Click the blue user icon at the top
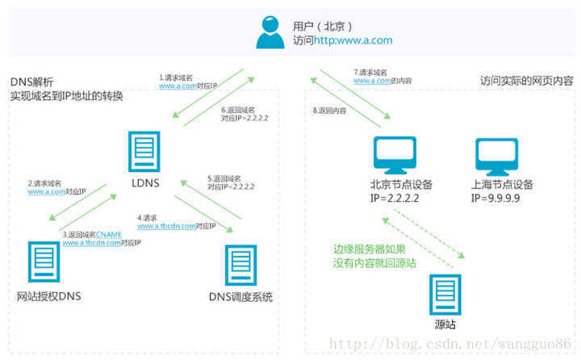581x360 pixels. point(270,31)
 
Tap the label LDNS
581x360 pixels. point(144,183)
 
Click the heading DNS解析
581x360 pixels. point(32,82)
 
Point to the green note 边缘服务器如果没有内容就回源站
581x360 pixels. point(374,256)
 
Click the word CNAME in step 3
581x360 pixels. point(108,233)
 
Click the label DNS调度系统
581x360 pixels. point(240,297)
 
